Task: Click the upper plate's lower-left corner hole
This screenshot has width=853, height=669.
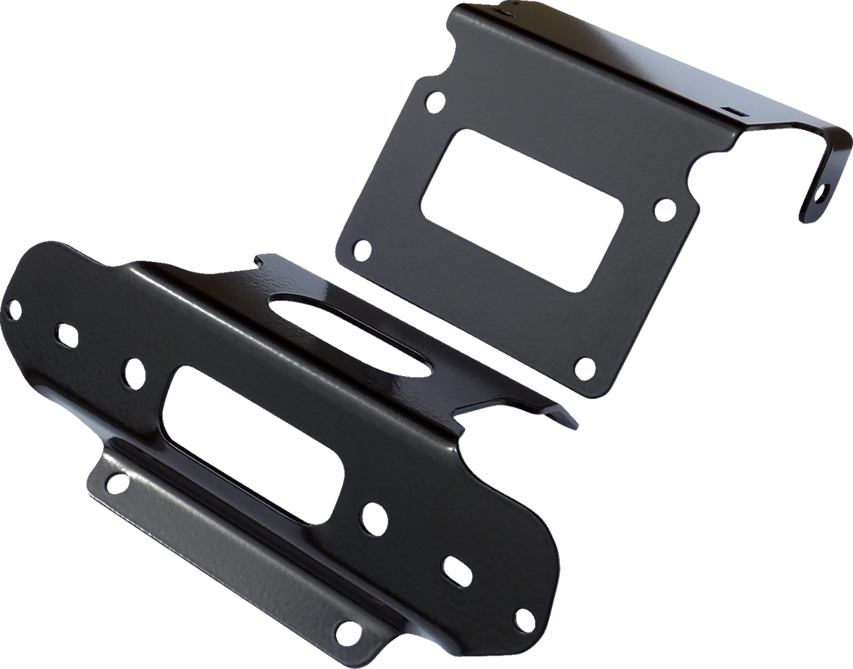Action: (360, 249)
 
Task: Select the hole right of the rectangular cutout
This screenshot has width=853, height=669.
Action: (662, 208)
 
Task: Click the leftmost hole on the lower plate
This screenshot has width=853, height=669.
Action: (11, 306)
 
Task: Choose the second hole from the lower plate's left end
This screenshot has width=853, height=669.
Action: (65, 334)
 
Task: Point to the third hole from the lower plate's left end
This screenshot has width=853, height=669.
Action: (131, 368)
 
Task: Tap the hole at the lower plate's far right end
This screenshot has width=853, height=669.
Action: (522, 616)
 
